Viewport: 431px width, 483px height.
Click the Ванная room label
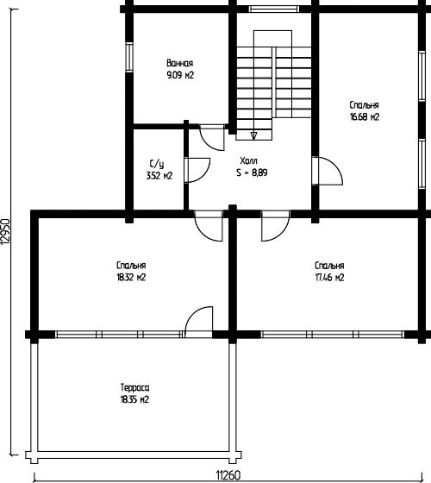pyautogui.click(x=180, y=63)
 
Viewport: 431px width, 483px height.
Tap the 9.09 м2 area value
pyautogui.click(x=180, y=75)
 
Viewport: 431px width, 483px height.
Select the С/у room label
pyautogui.click(x=157, y=164)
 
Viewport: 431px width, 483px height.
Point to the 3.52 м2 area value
pyautogui.click(x=159, y=176)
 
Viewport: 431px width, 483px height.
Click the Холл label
pyautogui.click(x=249, y=160)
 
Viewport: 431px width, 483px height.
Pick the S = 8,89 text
pyautogui.click(x=252, y=172)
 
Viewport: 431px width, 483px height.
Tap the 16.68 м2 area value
pyautogui.click(x=365, y=117)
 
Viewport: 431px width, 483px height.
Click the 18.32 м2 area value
pyautogui.click(x=131, y=278)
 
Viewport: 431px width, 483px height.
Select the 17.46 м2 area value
pyautogui.click(x=329, y=278)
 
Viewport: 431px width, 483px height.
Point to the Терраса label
pyautogui.click(x=134, y=387)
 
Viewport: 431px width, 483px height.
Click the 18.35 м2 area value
pyautogui.click(x=134, y=400)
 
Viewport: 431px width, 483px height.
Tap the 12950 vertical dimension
pyautogui.click(x=5, y=232)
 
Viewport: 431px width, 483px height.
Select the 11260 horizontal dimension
pyautogui.click(x=228, y=475)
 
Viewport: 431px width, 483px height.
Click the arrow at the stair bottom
pyautogui.click(x=253, y=135)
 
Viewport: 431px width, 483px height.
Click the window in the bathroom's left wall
pyautogui.click(x=129, y=57)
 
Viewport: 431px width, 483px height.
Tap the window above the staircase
pyautogui.click(x=274, y=9)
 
